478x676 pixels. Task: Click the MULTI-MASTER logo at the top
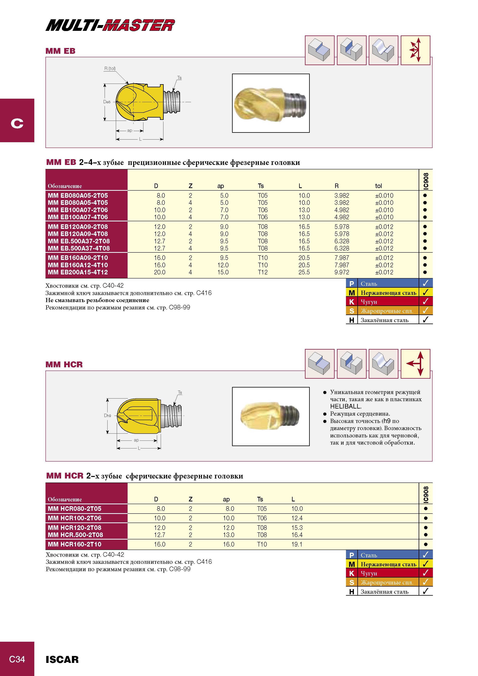pos(110,25)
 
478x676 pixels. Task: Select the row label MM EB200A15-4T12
pos(78,272)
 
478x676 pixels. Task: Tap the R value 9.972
pos(342,272)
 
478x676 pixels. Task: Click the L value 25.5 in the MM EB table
pos(304,272)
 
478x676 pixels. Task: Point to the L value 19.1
pos(297,544)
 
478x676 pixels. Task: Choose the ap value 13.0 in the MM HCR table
pos(229,535)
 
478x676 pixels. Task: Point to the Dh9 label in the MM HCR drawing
pos(108,416)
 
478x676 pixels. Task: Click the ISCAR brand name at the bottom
pos(62,659)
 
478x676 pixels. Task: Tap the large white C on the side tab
pos(17,123)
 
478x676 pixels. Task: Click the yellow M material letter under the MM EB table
pos(352,293)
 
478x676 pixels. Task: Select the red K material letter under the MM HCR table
pos(352,573)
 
